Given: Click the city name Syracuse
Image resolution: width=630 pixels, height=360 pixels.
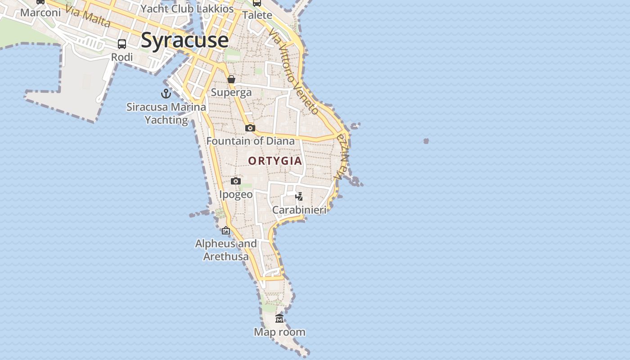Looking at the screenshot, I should coord(184,40).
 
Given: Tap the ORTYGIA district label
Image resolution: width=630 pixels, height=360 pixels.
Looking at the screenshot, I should coord(275,161).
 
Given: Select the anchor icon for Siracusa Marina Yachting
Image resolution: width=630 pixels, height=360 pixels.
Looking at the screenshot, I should coord(166,94).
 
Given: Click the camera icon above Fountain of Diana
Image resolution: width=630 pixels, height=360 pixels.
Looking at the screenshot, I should coord(250,128).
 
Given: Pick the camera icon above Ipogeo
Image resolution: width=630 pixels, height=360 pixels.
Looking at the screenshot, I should coord(235,181).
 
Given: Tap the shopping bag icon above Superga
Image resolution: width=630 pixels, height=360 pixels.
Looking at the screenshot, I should coord(231,80).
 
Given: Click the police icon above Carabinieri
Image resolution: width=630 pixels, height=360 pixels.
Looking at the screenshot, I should coord(299,196).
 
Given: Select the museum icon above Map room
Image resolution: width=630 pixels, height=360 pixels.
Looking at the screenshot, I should coord(279,319).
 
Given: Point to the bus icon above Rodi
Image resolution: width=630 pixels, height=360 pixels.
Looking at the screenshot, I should coord(122,44).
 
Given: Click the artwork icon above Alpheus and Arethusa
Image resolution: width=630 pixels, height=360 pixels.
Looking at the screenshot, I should coord(226,231).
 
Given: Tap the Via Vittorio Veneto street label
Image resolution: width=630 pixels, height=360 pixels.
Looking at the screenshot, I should coord(293,72).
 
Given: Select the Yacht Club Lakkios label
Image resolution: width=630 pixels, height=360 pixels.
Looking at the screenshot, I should coord(187,9).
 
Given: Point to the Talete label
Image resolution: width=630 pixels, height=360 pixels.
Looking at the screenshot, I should coord(257,15).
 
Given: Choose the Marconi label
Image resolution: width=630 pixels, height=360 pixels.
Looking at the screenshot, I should coord(40,12).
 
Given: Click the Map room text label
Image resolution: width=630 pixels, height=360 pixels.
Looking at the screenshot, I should coord(279,332).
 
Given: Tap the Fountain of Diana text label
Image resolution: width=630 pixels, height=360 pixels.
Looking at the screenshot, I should coord(250,141).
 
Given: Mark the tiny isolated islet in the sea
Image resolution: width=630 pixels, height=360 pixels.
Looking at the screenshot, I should coord(426,141).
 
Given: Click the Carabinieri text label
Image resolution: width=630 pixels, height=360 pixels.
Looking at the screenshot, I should coord(299,210).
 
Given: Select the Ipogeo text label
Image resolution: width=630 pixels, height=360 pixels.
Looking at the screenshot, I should coord(236,194).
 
